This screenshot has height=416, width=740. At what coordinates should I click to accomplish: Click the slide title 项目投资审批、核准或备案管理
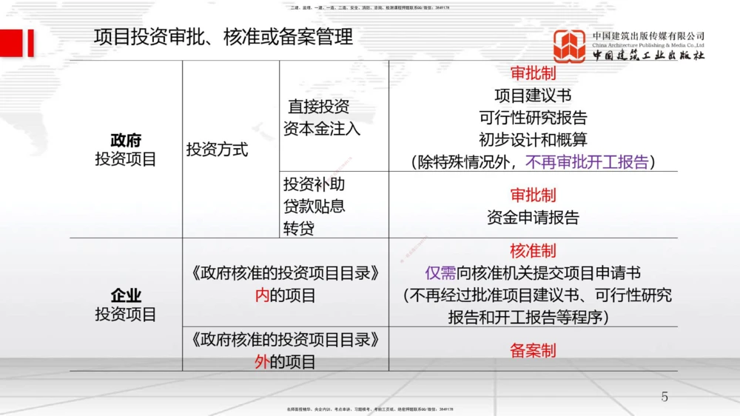click(x=223, y=37)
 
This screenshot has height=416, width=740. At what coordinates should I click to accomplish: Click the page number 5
click(x=664, y=397)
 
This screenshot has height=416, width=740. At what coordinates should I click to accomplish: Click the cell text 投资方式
click(x=217, y=150)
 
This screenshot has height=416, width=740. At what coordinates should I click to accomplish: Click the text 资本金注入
click(x=322, y=129)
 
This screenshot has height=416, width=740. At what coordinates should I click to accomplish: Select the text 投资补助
click(x=314, y=184)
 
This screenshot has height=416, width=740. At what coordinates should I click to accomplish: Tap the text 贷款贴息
click(x=314, y=206)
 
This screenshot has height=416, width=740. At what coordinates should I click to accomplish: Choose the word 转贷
click(x=298, y=228)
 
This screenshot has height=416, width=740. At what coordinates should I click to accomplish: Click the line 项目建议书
click(x=533, y=95)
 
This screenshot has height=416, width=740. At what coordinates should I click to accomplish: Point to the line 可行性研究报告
click(x=533, y=118)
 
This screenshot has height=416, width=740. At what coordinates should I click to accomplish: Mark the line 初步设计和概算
click(x=533, y=140)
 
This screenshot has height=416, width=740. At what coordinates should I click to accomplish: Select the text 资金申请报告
click(x=533, y=218)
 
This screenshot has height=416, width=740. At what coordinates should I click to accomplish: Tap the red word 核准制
click(x=533, y=251)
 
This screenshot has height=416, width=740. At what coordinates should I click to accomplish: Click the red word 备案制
click(x=533, y=351)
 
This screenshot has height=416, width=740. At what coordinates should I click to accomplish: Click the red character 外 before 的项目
click(x=262, y=362)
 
